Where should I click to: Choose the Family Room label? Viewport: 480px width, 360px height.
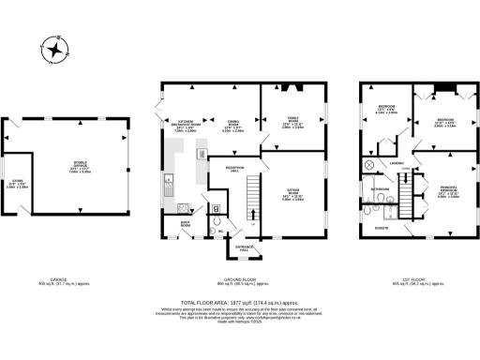(x=292, y=120)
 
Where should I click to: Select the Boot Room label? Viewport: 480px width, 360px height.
(x=186, y=225)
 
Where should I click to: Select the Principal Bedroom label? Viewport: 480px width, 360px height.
(x=447, y=194)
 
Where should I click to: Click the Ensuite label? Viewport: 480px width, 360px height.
(x=382, y=227)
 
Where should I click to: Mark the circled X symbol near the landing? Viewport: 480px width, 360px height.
(x=369, y=166)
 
